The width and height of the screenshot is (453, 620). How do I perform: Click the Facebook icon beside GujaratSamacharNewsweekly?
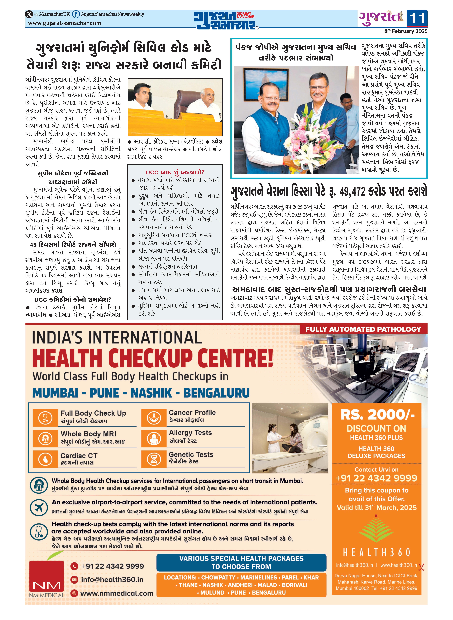pyautogui.click(x=76, y=14)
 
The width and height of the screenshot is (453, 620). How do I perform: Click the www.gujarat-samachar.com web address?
pyautogui.click(x=64, y=23)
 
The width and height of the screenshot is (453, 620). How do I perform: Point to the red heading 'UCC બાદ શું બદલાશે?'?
pyautogui.click(x=175, y=172)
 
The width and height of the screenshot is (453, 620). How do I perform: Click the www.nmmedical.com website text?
pyautogui.click(x=117, y=593)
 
